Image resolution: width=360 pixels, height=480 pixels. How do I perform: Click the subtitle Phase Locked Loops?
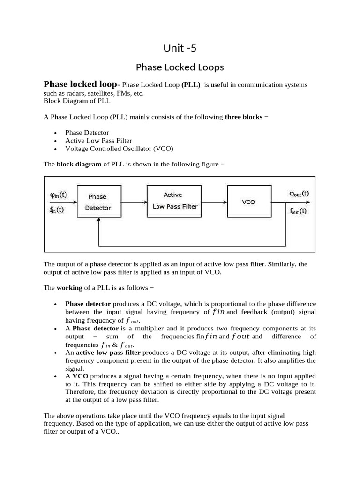[180, 67]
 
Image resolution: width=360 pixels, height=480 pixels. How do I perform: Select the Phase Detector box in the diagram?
[98, 202]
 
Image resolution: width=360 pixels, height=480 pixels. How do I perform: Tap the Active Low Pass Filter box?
[173, 201]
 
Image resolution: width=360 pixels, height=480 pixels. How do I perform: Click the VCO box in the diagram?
[248, 202]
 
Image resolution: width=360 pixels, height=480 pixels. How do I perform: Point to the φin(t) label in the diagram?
[58, 194]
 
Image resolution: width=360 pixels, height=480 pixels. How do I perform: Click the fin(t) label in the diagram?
[57, 210]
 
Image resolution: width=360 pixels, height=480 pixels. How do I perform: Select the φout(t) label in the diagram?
[299, 193]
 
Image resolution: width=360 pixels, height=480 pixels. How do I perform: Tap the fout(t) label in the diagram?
[298, 210]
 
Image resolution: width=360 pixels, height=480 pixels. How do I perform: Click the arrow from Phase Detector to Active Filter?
[134, 202]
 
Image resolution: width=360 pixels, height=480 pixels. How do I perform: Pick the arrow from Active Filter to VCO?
[213, 202]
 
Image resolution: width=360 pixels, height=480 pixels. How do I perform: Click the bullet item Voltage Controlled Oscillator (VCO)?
[119, 149]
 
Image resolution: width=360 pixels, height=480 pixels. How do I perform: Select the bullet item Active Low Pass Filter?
[98, 141]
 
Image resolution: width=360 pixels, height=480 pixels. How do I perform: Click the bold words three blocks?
[243, 117]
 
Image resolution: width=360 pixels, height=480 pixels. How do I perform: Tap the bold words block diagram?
[79, 164]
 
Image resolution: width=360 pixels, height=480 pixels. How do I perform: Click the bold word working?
[69, 287]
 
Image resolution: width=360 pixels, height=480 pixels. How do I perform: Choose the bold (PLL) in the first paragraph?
[191, 85]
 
